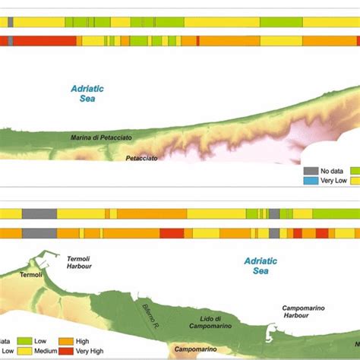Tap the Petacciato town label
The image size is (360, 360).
pos(142,159)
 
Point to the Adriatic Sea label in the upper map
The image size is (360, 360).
pos(87,93)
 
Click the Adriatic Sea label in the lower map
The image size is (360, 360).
pos(261,265)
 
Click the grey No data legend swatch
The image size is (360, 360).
pos(310,171)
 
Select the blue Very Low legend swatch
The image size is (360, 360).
pos(310,182)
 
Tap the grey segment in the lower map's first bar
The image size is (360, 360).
pos(38,215)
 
